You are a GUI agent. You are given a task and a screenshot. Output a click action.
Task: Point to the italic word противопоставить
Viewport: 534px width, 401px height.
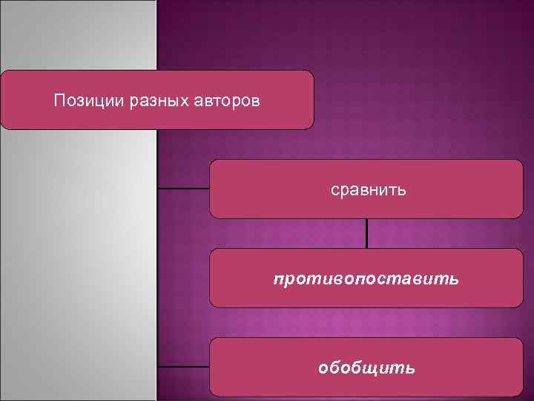(x=366, y=279)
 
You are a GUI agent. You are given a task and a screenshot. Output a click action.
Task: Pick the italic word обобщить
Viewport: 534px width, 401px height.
(x=366, y=368)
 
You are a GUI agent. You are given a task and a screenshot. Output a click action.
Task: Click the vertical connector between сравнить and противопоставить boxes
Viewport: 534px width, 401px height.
(x=367, y=233)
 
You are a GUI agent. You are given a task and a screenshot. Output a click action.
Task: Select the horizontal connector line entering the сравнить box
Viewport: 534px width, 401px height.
(x=183, y=189)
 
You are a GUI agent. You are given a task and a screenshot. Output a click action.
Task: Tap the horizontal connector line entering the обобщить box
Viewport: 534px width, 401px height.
(x=183, y=367)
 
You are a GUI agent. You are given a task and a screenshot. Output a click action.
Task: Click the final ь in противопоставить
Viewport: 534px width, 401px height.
(x=454, y=279)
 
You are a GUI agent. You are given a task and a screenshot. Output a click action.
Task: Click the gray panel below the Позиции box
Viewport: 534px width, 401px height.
(x=78, y=260)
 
